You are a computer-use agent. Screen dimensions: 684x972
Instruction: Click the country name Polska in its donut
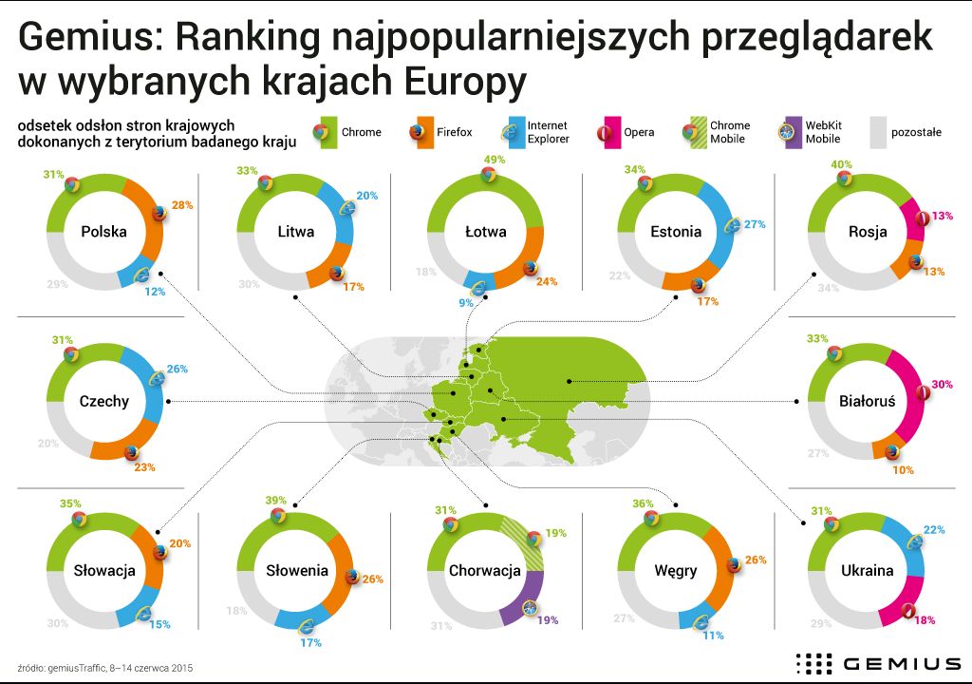pyautogui.click(x=104, y=231)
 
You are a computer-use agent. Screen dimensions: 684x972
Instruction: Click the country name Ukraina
pyautogui.click(x=867, y=571)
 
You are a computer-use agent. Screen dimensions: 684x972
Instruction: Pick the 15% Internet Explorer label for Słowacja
pyautogui.click(x=159, y=624)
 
